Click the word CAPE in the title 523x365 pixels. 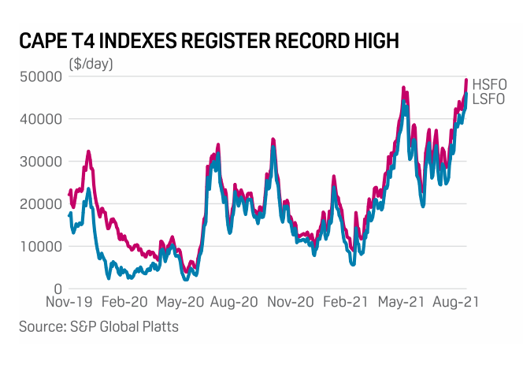[44, 40]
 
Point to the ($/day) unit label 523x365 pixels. [91, 63]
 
